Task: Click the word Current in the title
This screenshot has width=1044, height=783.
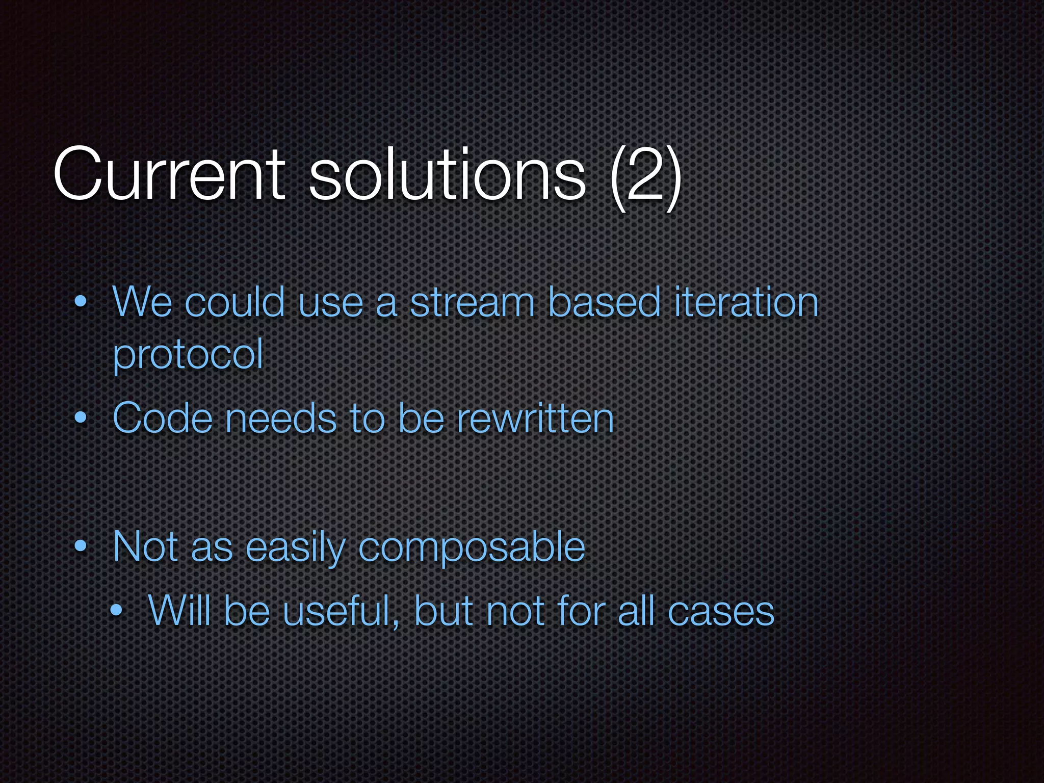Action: pyautogui.click(x=168, y=175)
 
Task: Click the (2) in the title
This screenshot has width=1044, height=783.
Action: pyautogui.click(x=645, y=176)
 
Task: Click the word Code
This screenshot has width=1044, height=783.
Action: pyautogui.click(x=162, y=419)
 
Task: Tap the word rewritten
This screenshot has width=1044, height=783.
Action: pyautogui.click(x=535, y=419)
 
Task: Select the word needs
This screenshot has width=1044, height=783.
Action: pyautogui.click(x=281, y=419)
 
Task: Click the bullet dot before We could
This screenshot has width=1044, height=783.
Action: pyautogui.click(x=80, y=302)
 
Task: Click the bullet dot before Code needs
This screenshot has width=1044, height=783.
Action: pyautogui.click(x=80, y=419)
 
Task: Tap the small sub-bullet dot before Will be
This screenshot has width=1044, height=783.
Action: pyautogui.click(x=117, y=610)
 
